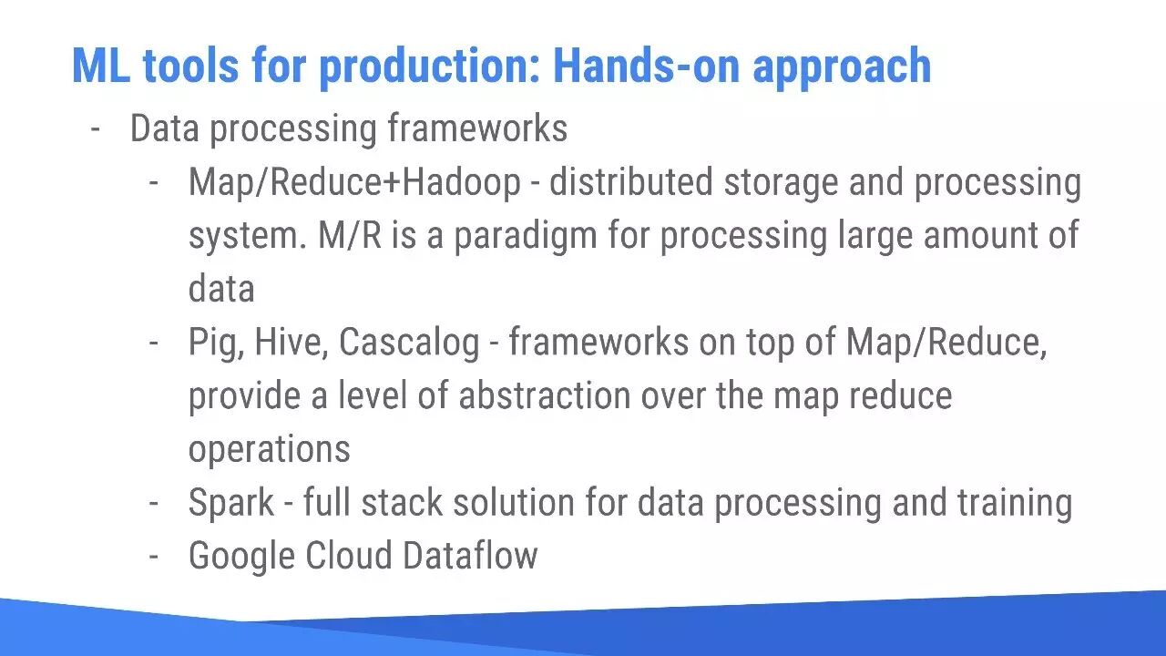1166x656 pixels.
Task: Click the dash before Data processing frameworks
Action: (x=96, y=128)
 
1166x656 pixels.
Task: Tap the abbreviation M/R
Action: (x=350, y=235)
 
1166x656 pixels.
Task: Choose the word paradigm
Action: (x=526, y=238)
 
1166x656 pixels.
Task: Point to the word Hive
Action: (x=291, y=343)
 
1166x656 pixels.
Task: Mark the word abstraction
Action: (x=545, y=395)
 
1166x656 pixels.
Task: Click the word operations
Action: (x=269, y=450)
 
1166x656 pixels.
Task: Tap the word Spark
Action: (x=231, y=504)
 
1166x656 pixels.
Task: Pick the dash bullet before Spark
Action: (x=154, y=504)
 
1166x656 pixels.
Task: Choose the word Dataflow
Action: (x=470, y=555)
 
